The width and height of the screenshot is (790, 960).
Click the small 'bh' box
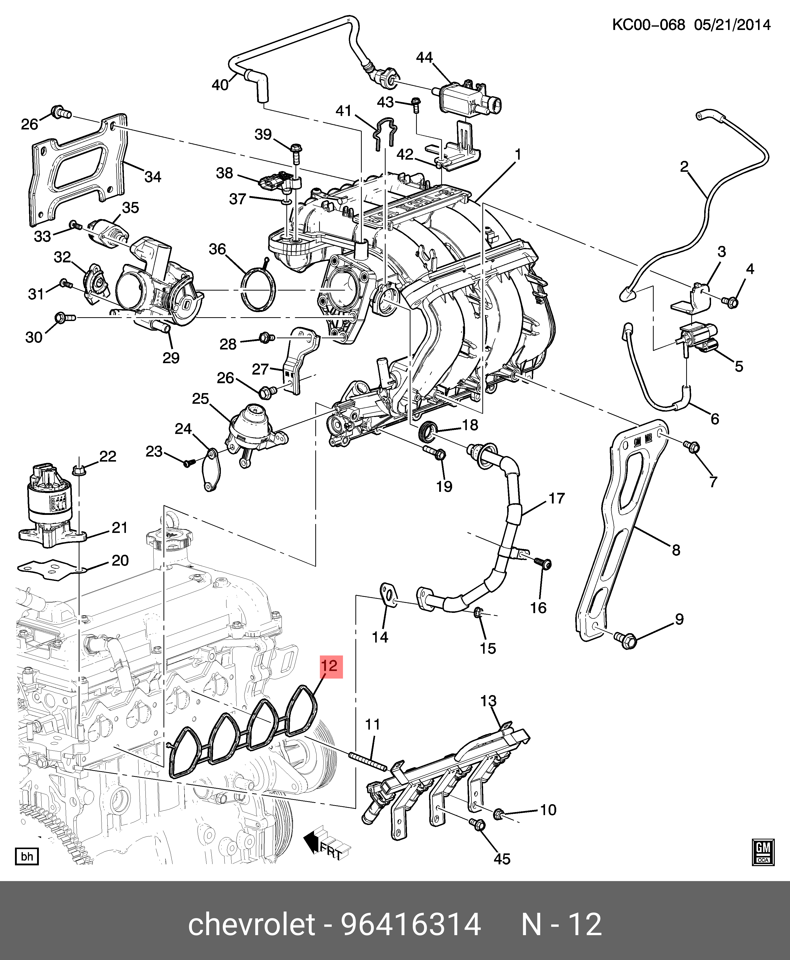pyautogui.click(x=27, y=857)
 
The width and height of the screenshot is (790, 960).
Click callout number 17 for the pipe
pyautogui.click(x=556, y=499)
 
